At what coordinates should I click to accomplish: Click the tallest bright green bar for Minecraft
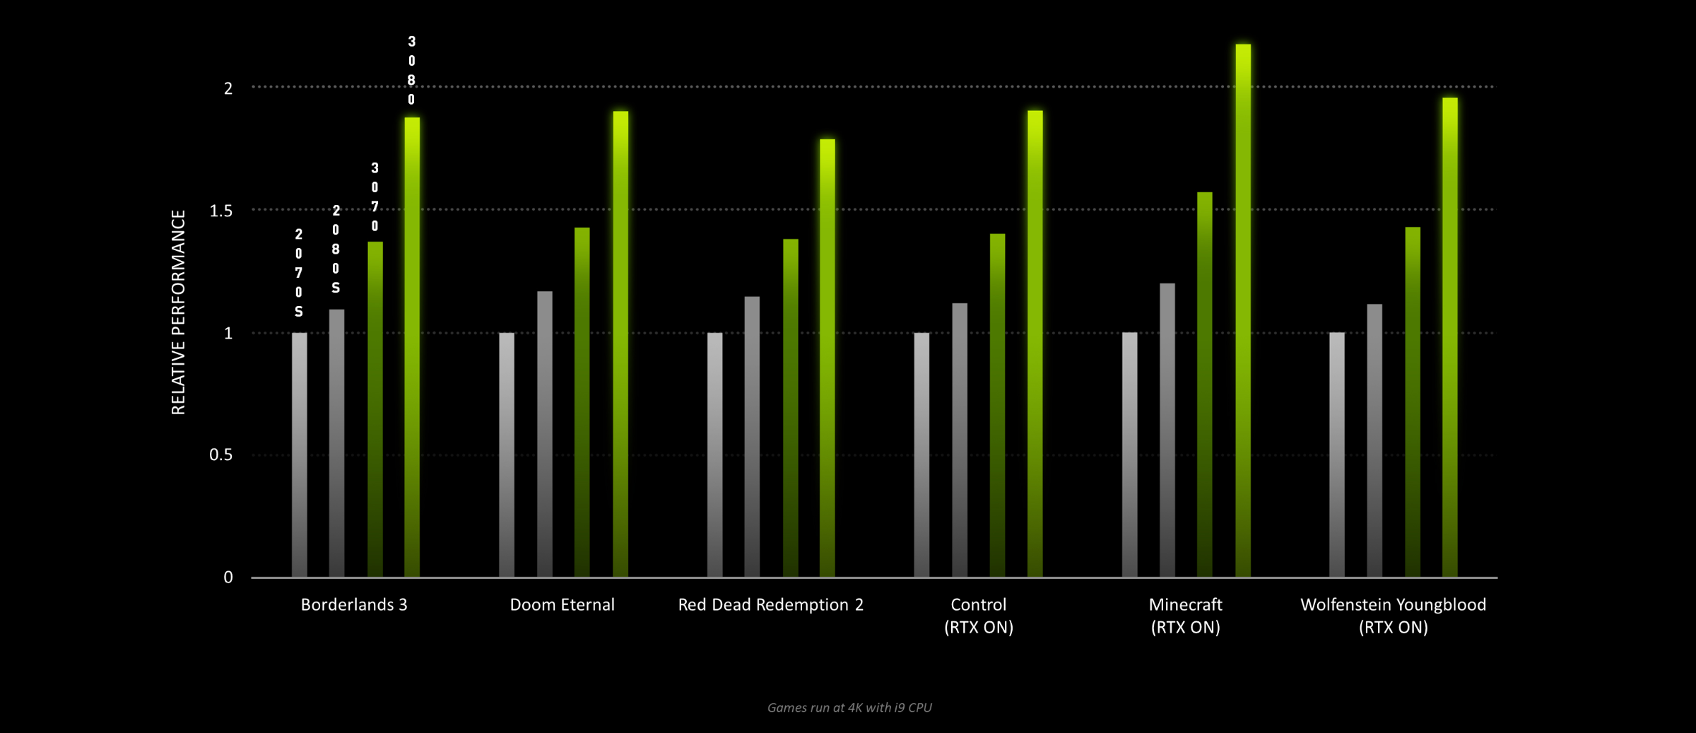[1243, 311]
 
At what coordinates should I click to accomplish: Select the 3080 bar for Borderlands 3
[412, 346]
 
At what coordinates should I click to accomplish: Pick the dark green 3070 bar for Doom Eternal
[582, 403]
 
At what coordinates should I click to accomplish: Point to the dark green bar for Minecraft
[1205, 385]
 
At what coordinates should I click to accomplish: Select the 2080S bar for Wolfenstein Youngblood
[1374, 441]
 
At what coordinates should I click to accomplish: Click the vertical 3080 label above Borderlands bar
[412, 71]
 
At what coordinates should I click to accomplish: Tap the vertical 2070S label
[299, 273]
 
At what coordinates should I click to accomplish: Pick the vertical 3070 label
[375, 197]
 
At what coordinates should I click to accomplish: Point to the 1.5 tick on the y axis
[221, 211]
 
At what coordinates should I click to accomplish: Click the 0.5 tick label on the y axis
[221, 455]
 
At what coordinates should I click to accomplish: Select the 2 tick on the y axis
[228, 88]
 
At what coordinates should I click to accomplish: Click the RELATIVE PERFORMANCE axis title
[178, 312]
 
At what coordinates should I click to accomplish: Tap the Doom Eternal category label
[563, 605]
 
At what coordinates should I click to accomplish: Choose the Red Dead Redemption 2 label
[770, 605]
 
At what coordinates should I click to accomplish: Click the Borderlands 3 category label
[354, 605]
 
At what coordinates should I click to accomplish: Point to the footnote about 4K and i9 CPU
[849, 708]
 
